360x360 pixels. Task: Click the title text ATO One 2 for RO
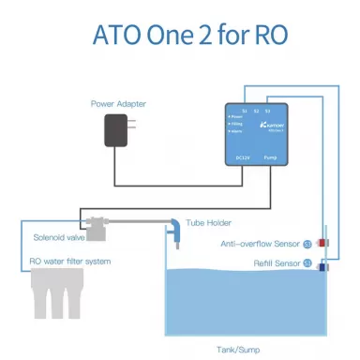pos(179,36)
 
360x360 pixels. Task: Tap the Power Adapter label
pos(118,102)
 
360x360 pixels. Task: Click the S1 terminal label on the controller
pos(246,112)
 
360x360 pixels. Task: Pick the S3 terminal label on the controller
pos(270,112)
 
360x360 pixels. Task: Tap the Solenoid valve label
pos(60,238)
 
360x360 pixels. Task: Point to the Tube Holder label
pos(209,223)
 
